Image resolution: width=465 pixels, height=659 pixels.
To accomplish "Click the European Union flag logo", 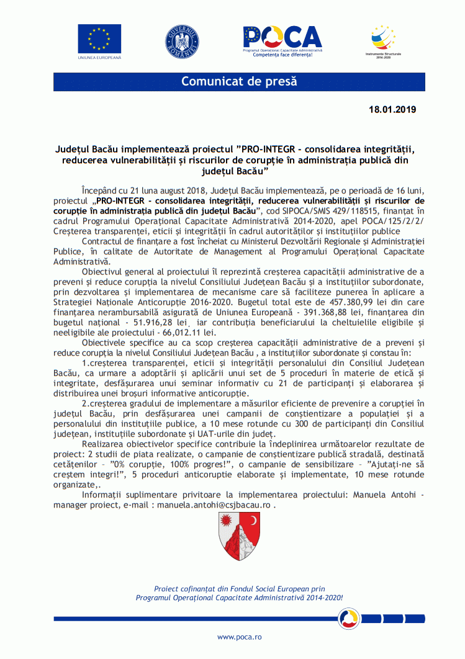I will click(99, 38).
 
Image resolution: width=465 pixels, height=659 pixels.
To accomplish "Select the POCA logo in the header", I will click(282, 39).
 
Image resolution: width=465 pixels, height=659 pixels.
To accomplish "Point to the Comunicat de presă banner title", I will click(239, 82).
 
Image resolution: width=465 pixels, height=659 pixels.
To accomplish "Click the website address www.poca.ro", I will click(239, 637).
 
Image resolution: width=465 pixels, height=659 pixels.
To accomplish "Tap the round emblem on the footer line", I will click(349, 618).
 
